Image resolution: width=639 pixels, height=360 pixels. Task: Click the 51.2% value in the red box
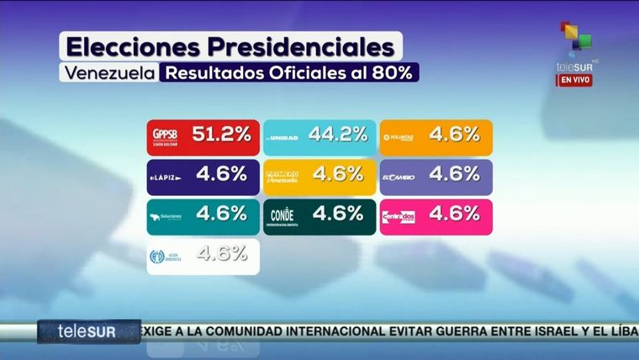point(221,134)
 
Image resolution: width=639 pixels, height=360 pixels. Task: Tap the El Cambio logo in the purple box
point(400,177)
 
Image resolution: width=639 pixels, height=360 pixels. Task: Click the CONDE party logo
point(283,216)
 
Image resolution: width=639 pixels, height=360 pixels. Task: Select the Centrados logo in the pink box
point(400,217)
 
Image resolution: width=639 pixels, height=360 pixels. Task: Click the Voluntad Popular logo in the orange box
point(400,136)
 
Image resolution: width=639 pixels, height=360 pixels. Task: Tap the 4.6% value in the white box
point(221,252)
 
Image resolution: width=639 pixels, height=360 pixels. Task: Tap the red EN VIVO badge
point(575,80)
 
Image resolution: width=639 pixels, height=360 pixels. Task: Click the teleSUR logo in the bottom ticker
point(87,331)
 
